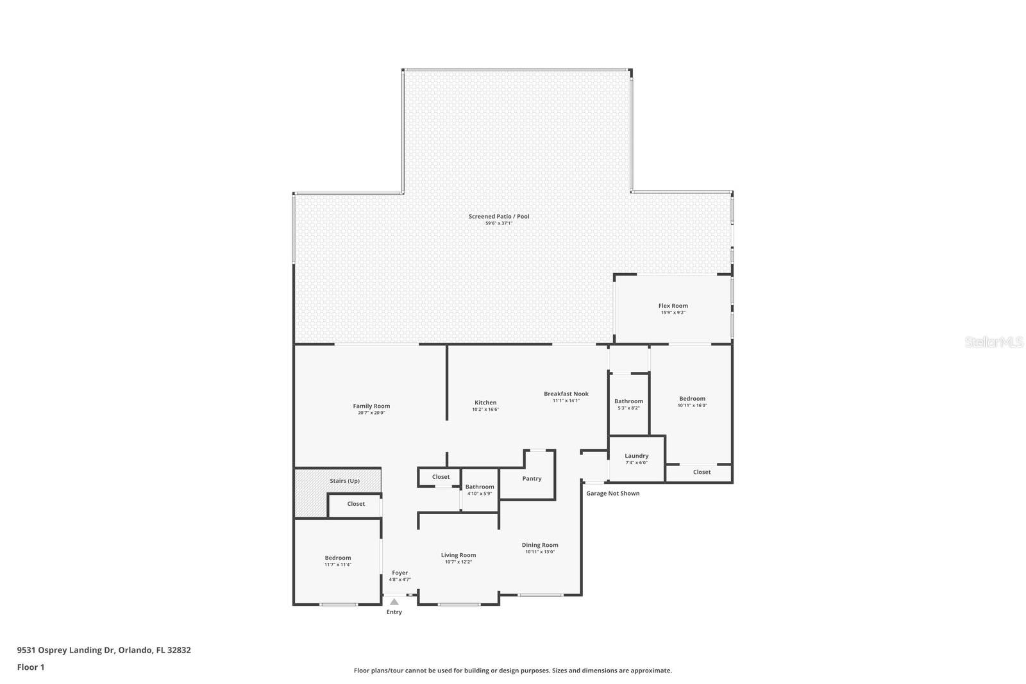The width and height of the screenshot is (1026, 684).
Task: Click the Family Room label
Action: [371, 406]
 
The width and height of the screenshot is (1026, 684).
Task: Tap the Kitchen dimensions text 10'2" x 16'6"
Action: [485, 410]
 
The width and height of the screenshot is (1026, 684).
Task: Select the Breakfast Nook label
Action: [566, 394]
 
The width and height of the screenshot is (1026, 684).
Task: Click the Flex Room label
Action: [673, 306]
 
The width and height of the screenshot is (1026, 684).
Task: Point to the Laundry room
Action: [636, 458]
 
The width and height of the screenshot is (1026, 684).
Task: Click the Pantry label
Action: [532, 478]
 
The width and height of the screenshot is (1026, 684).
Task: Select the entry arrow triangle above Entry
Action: [394, 602]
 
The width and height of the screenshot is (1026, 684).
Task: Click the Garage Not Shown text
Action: [612, 493]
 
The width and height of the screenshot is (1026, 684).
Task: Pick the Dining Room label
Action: [539, 545]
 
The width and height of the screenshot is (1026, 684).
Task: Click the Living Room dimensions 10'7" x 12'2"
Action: [458, 562]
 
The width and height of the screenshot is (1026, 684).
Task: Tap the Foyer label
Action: [399, 572]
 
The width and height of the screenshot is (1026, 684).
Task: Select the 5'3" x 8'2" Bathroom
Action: [628, 404]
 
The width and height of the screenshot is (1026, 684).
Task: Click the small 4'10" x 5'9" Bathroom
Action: [479, 490]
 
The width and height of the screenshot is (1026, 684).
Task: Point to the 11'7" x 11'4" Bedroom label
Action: [337, 558]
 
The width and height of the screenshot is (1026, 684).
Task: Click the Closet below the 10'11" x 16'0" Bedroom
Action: [702, 472]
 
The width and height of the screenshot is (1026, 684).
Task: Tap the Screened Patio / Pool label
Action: [499, 216]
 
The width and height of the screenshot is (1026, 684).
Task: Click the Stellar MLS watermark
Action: [994, 342]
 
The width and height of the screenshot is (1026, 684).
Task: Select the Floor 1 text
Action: [31, 667]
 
